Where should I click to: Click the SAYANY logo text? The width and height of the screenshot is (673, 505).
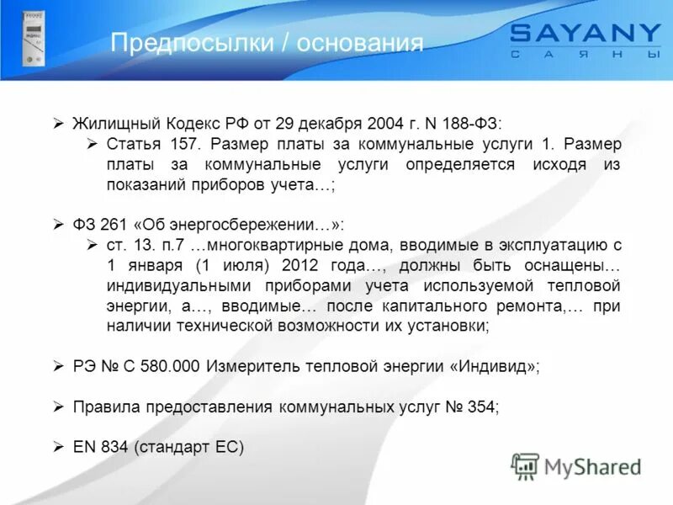tap(586, 35)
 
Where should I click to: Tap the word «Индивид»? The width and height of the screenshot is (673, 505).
tap(494, 366)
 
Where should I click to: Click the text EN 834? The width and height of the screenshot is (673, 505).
tap(100, 447)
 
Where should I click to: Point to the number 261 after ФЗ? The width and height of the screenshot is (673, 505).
tap(113, 225)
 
